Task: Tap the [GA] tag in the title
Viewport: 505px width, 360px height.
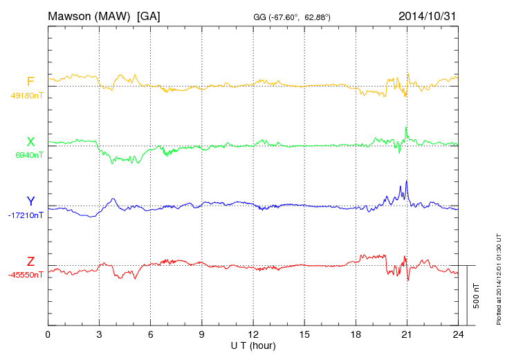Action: (x=149, y=15)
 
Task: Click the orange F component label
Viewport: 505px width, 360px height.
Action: (x=30, y=82)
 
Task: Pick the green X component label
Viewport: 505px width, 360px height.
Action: (x=30, y=142)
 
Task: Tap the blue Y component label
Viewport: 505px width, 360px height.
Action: (x=30, y=201)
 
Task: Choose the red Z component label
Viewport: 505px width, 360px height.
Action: (x=30, y=261)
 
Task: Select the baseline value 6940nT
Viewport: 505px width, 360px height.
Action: (x=29, y=155)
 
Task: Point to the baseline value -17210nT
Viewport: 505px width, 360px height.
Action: (x=26, y=215)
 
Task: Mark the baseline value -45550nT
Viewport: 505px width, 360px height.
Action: (x=26, y=275)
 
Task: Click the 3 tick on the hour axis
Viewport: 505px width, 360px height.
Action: (x=99, y=334)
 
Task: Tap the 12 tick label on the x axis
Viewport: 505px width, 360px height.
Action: (x=253, y=334)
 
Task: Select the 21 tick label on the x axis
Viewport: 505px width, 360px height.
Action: (x=407, y=334)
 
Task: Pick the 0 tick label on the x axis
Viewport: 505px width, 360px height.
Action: (x=48, y=334)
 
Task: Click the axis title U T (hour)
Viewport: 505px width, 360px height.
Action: (x=253, y=345)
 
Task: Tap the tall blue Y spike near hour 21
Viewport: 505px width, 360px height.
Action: (x=407, y=182)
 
